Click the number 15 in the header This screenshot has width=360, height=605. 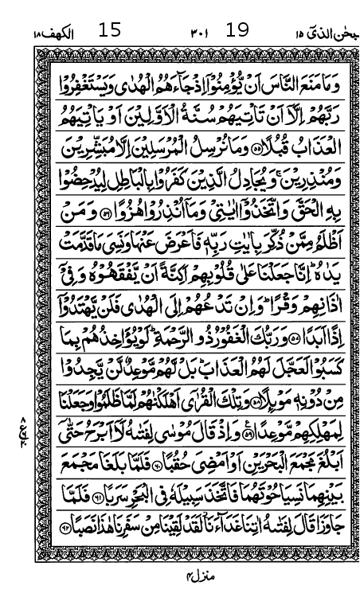[x=110, y=31]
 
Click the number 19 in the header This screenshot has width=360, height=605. [x=237, y=31]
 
